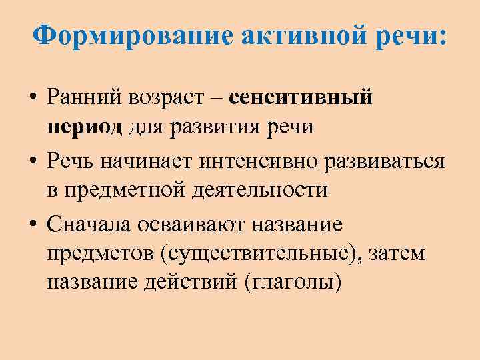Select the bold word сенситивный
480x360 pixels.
point(301,98)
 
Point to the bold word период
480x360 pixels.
point(84,127)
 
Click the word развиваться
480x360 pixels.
point(379,160)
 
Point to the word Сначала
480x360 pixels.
point(90,223)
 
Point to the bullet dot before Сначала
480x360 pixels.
point(32,224)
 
